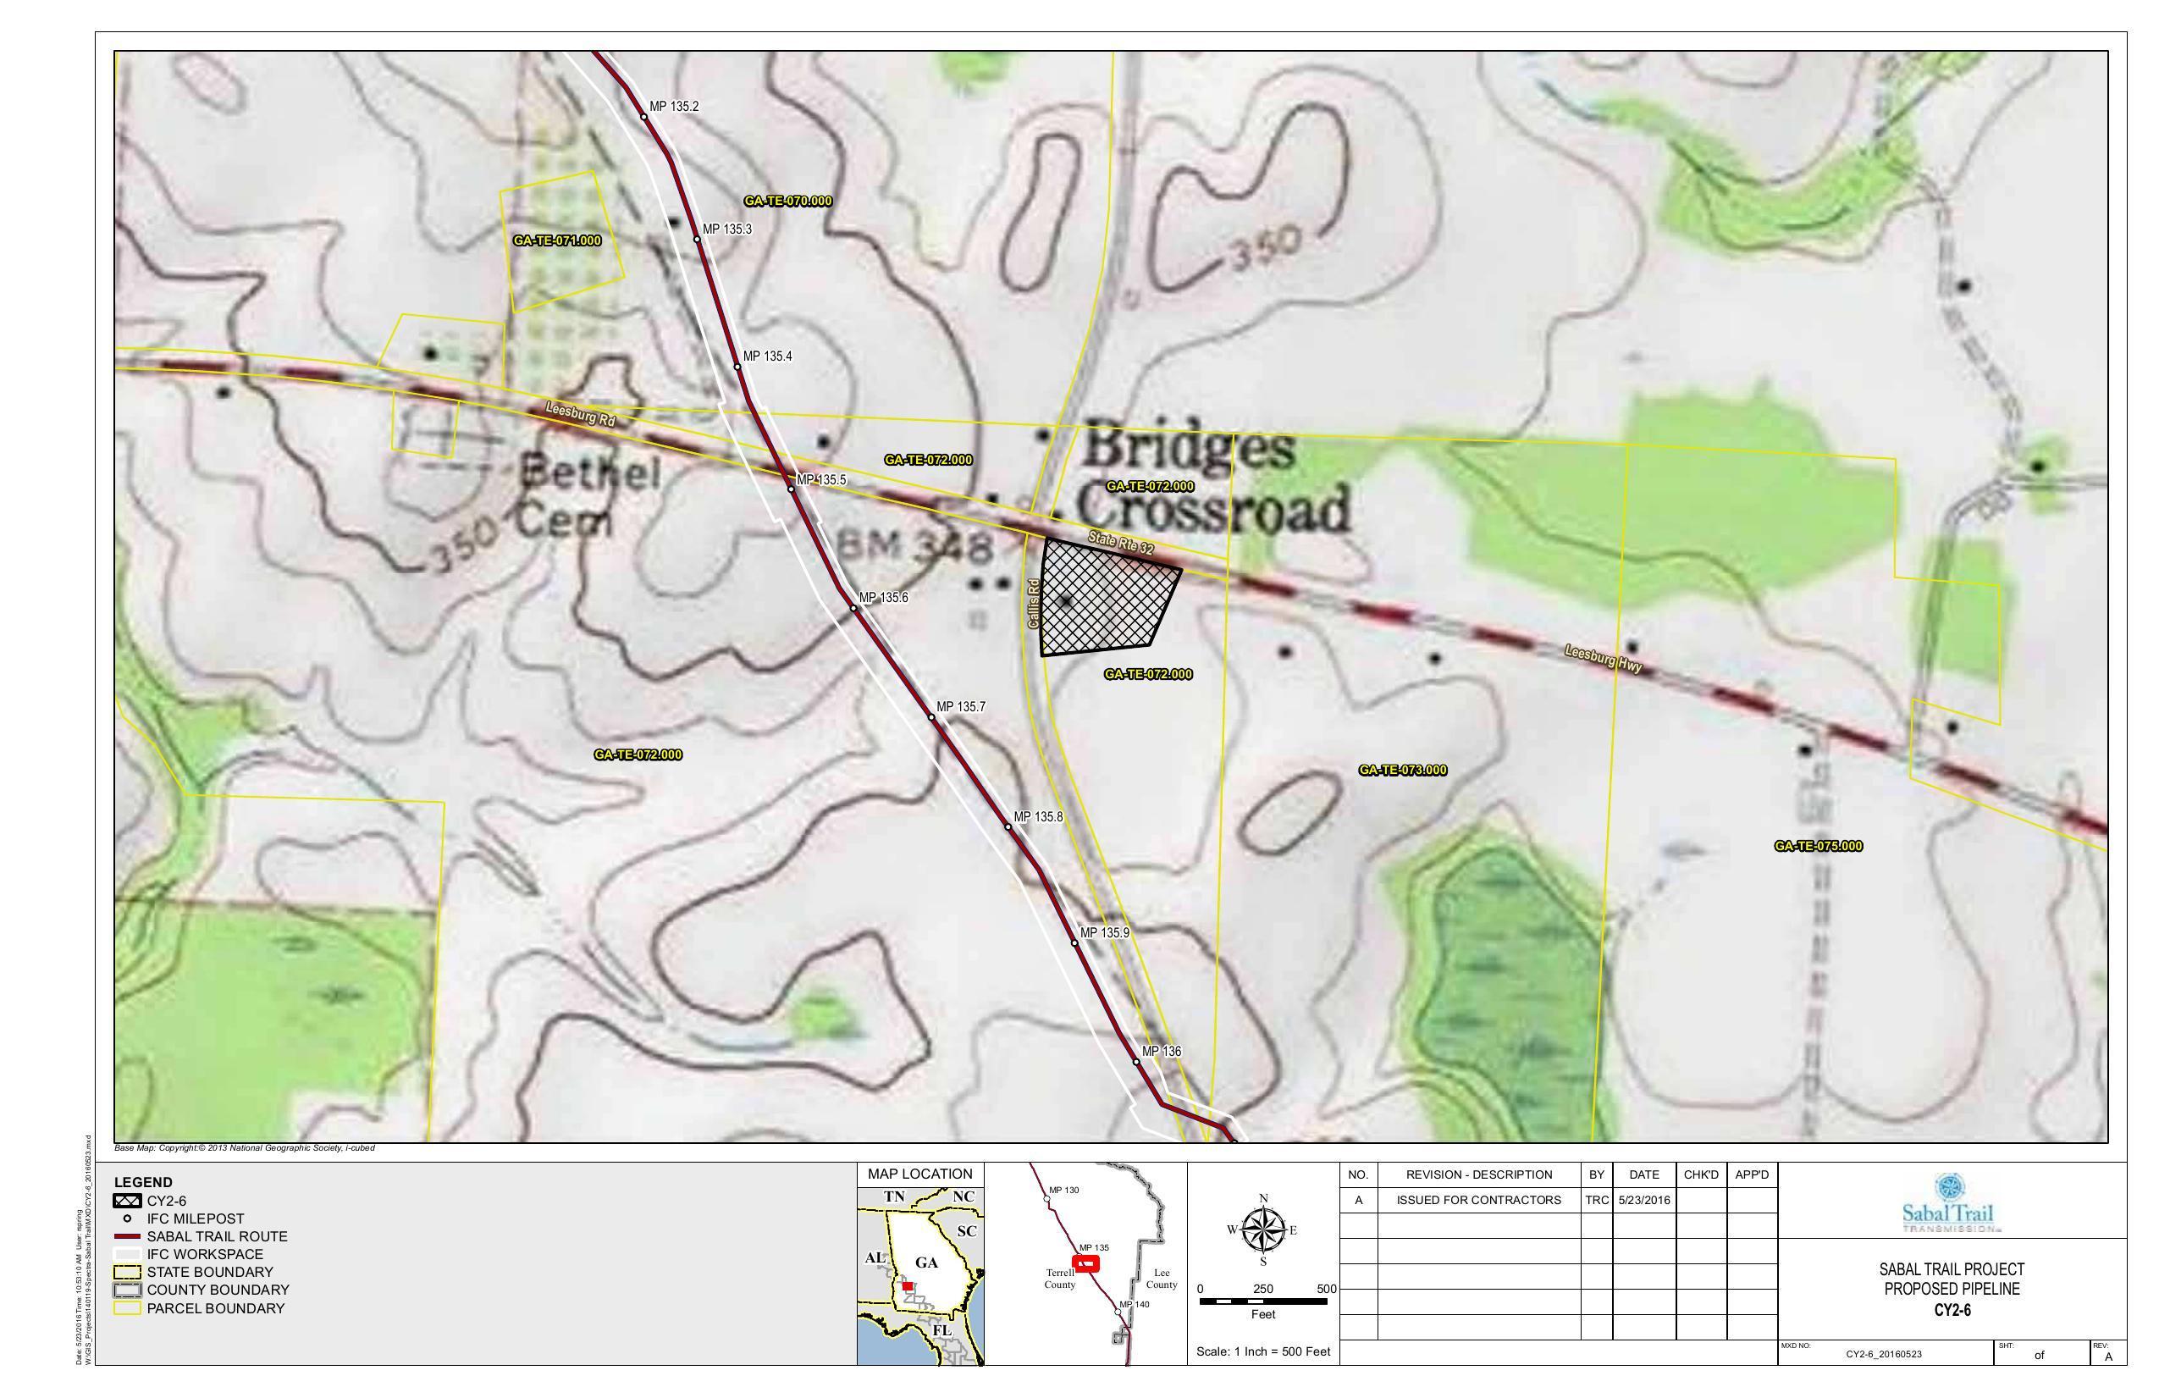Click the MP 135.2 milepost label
tap(673, 106)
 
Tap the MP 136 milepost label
tap(1161, 1051)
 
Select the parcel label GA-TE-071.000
tap(557, 240)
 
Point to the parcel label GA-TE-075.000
tap(1818, 846)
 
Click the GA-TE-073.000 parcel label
tap(1402, 771)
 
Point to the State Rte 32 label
tap(1120, 544)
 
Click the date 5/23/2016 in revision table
tap(1643, 1199)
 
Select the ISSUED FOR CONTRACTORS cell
tap(1478, 1199)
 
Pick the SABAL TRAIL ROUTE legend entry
tap(216, 1236)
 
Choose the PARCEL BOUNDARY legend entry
tap(215, 1308)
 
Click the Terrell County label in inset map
tap(1059, 1279)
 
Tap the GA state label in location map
tap(926, 1263)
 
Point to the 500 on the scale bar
tap(1326, 1288)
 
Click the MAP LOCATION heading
tap(919, 1174)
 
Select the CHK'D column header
tap(1701, 1174)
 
